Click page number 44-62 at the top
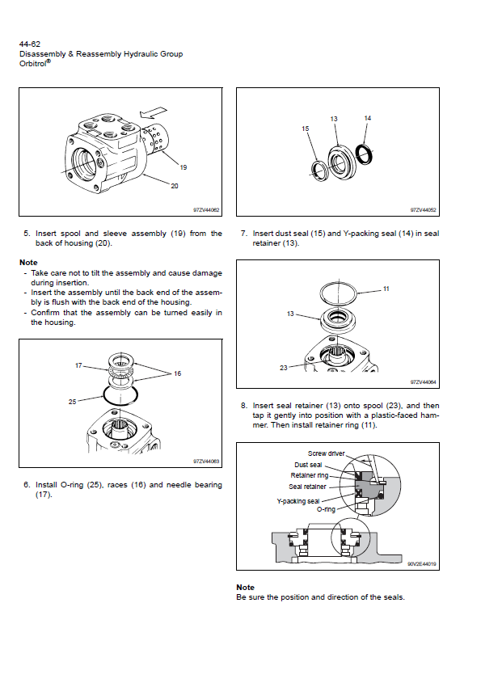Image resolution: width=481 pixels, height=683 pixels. click(30, 44)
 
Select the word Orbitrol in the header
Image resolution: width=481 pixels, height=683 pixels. click(33, 64)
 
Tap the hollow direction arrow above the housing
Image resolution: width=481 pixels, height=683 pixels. click(153, 112)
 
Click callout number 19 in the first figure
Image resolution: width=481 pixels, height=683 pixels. click(184, 167)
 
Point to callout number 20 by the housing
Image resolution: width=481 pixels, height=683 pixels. click(175, 186)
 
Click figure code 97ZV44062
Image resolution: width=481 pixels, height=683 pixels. click(206, 210)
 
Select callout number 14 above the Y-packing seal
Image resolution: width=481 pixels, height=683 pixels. click(367, 118)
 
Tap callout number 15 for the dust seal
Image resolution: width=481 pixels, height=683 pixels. click(305, 129)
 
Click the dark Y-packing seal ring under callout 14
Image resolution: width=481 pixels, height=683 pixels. click(364, 154)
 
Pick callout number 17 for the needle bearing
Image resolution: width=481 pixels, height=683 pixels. click(78, 365)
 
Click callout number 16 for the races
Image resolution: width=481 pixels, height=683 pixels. click(177, 373)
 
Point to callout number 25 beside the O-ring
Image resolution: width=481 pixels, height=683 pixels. click(72, 402)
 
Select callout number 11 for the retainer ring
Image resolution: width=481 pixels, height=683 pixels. click(386, 289)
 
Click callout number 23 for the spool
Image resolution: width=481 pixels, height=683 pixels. click(284, 368)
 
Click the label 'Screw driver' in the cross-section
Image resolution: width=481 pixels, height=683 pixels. click(327, 453)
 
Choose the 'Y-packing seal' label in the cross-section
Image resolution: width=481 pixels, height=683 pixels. click(298, 501)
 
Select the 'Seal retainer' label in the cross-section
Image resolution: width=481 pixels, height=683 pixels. click(307, 487)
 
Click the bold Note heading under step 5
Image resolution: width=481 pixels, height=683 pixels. click(28, 262)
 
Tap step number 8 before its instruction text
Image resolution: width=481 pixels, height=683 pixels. click(243, 406)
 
